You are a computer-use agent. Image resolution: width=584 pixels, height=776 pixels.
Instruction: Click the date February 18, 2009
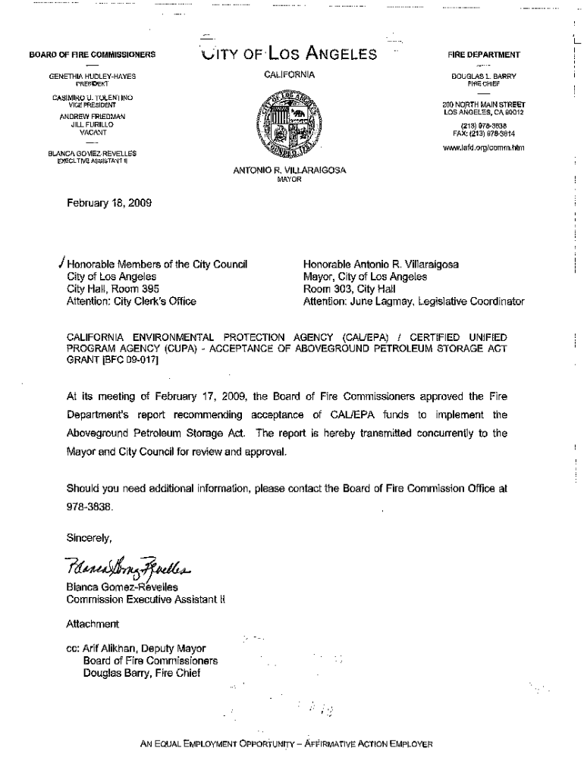tap(105, 202)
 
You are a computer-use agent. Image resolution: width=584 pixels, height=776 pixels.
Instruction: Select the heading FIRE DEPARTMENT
tap(483, 55)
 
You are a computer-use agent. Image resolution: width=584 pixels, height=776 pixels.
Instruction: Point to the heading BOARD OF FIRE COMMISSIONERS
tap(92, 55)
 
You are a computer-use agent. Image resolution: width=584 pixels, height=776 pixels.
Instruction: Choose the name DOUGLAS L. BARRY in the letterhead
tap(482, 77)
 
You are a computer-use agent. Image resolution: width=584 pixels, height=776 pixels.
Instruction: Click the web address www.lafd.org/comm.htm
tap(482, 148)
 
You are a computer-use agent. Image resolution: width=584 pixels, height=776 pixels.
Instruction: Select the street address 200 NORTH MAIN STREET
tap(483, 105)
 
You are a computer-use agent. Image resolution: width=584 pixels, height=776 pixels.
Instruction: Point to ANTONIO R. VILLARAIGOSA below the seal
tap(290, 171)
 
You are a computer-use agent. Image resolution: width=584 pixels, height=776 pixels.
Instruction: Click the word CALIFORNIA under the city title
tap(290, 76)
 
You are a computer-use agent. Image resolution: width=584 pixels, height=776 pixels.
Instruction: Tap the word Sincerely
tap(89, 538)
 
